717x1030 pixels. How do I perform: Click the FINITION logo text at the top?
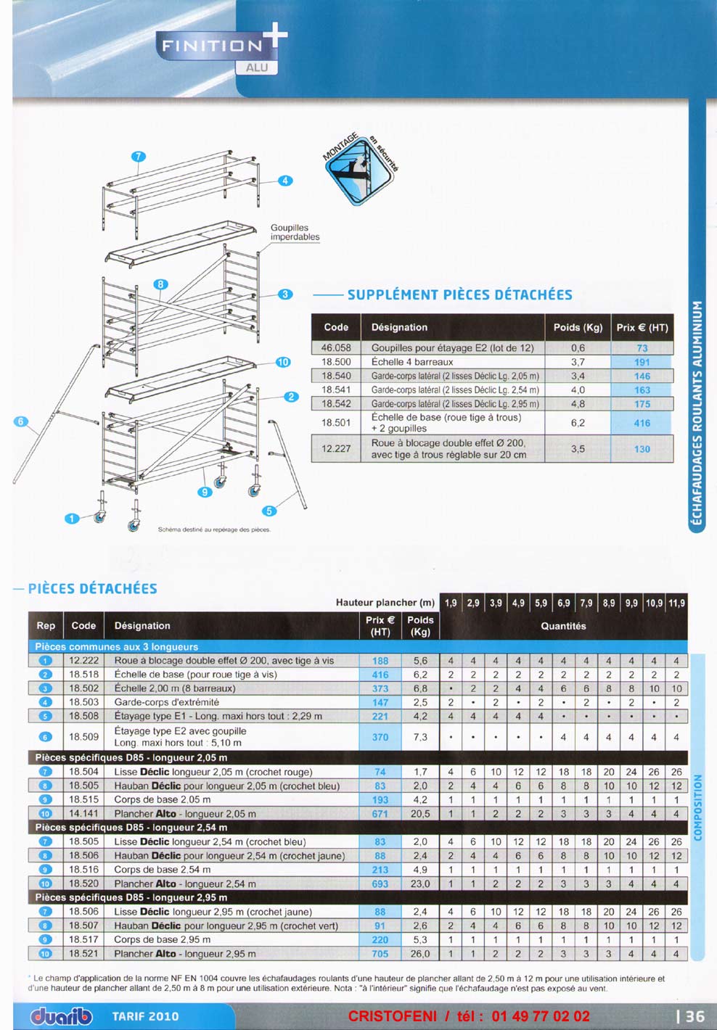tap(212, 46)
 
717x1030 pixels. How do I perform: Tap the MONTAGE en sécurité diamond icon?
tap(361, 169)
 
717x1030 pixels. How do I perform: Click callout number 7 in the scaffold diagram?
tap(139, 156)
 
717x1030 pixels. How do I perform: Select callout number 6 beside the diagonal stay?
tap(20, 421)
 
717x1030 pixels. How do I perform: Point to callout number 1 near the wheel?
tap(71, 518)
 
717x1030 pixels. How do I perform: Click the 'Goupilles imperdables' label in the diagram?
tap(295, 232)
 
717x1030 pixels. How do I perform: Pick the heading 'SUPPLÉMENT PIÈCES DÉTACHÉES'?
tap(459, 294)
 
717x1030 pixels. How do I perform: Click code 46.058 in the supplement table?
tap(336, 347)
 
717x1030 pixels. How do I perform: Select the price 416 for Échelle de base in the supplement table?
tap(642, 423)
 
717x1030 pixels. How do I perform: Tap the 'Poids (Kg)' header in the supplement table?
tap(578, 327)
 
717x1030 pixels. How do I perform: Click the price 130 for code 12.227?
tap(642, 449)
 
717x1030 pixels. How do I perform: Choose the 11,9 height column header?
tap(676, 603)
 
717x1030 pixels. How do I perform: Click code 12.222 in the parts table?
tap(84, 661)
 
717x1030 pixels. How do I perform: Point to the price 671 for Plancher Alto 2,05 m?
tap(380, 814)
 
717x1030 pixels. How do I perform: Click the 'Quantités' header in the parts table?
tap(563, 626)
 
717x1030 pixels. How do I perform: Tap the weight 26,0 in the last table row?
tap(420, 954)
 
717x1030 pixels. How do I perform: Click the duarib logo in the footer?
tap(61, 1016)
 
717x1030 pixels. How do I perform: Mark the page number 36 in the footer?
tap(694, 1016)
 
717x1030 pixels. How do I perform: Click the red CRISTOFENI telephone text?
tap(469, 1016)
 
